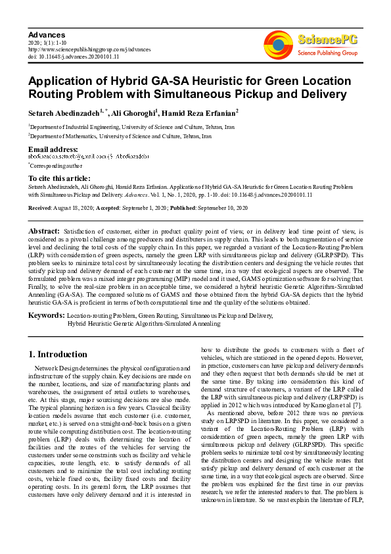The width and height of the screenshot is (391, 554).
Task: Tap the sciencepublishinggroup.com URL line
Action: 89,49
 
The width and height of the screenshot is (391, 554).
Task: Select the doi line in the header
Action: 73,57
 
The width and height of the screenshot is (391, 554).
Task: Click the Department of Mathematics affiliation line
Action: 120,136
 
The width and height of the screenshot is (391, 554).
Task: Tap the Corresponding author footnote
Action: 55,166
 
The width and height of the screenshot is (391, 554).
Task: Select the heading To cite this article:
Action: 59,178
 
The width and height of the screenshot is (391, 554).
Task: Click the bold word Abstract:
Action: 44,232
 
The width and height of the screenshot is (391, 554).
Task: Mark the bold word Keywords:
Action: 45,316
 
